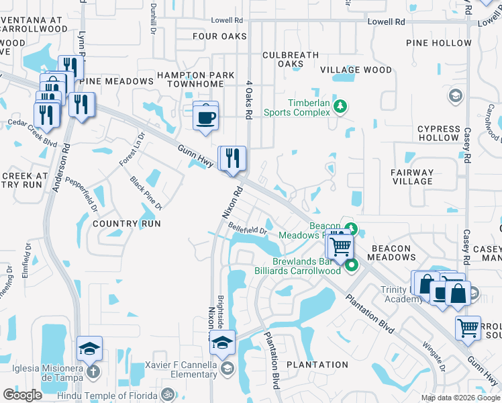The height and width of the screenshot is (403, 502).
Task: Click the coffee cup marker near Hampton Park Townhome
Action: point(205,116)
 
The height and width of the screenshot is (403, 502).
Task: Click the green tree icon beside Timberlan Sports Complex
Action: point(340,105)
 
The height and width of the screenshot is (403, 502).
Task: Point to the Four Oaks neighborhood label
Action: point(219,36)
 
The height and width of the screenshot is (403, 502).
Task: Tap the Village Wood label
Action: point(356,70)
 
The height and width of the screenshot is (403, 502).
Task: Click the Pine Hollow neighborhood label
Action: point(439,43)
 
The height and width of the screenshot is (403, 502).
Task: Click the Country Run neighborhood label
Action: point(127,224)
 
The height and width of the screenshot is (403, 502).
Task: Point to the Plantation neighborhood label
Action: point(317,365)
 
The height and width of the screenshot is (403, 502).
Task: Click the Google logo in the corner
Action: point(22,395)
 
